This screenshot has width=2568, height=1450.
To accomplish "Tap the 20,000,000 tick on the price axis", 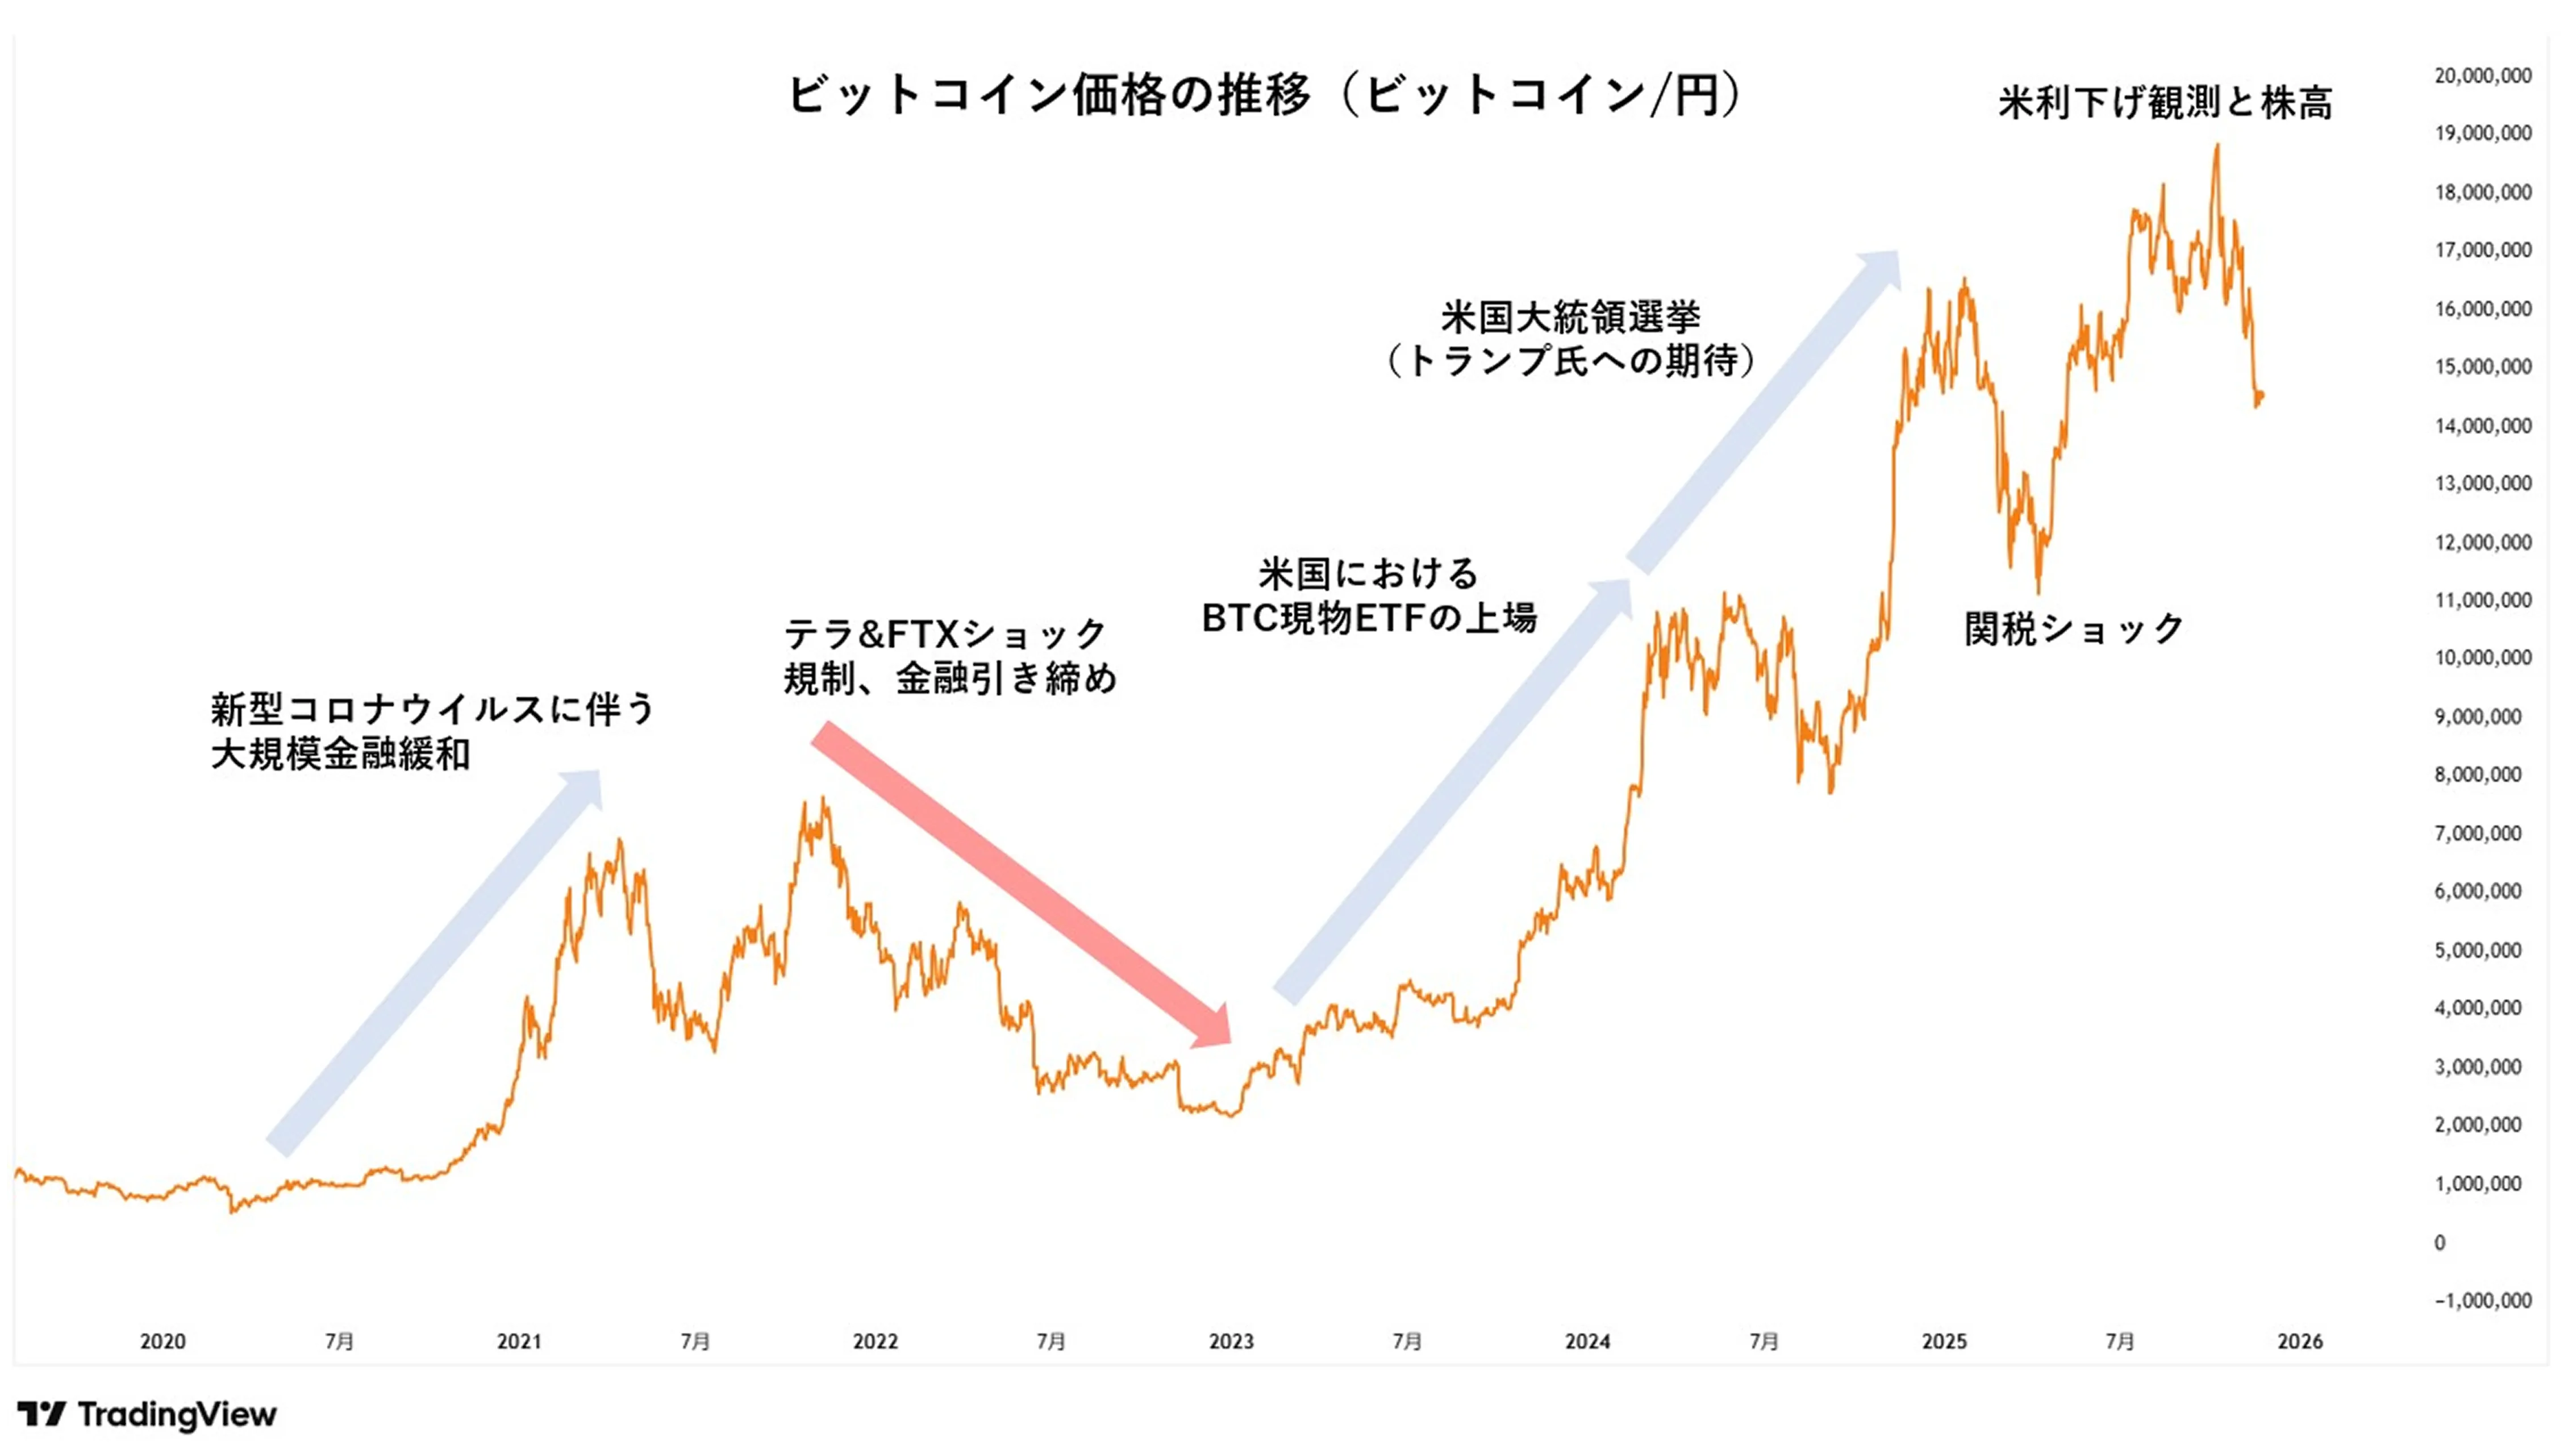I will (2482, 76).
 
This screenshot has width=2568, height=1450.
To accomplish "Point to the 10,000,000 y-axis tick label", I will (2482, 658).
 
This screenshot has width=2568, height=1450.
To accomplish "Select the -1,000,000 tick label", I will (2482, 1301).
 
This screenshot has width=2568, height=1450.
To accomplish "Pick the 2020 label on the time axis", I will (162, 1341).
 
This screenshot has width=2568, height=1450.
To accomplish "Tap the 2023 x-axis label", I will (1231, 1341).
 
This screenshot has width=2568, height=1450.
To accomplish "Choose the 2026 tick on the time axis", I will (2300, 1341).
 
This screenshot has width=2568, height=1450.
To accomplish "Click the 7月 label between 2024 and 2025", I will (1764, 1341).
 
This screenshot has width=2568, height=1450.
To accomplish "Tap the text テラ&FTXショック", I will (945, 634).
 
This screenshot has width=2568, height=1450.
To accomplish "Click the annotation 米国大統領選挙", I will (1570, 317).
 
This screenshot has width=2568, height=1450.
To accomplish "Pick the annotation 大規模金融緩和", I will (340, 755).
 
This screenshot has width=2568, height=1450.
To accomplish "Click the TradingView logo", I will (148, 1414).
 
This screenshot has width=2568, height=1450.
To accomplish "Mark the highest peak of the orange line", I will (2217, 145).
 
